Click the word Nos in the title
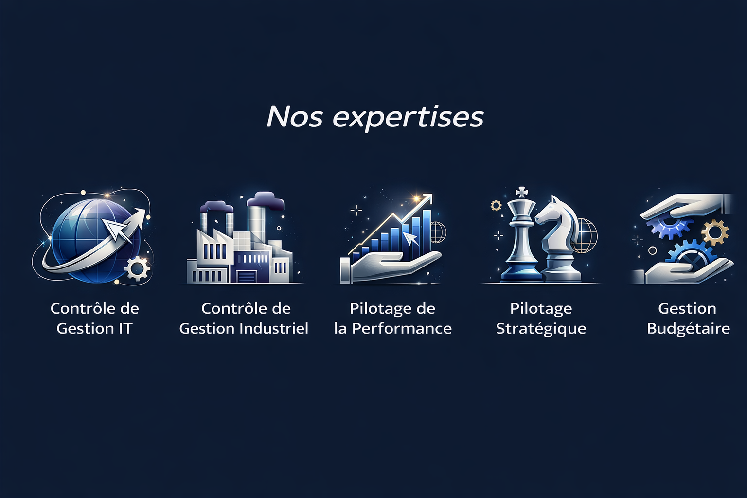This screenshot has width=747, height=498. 294,116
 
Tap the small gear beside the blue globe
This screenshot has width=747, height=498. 137,268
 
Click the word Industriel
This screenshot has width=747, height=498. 274,329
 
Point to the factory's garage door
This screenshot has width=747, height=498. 247,277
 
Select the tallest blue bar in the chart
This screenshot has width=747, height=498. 427,230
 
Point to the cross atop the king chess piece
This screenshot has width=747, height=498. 521,193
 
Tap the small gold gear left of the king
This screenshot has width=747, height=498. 496,205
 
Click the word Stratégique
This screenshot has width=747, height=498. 541,329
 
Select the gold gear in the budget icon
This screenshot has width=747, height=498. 715,232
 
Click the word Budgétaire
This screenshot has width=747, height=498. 688,329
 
